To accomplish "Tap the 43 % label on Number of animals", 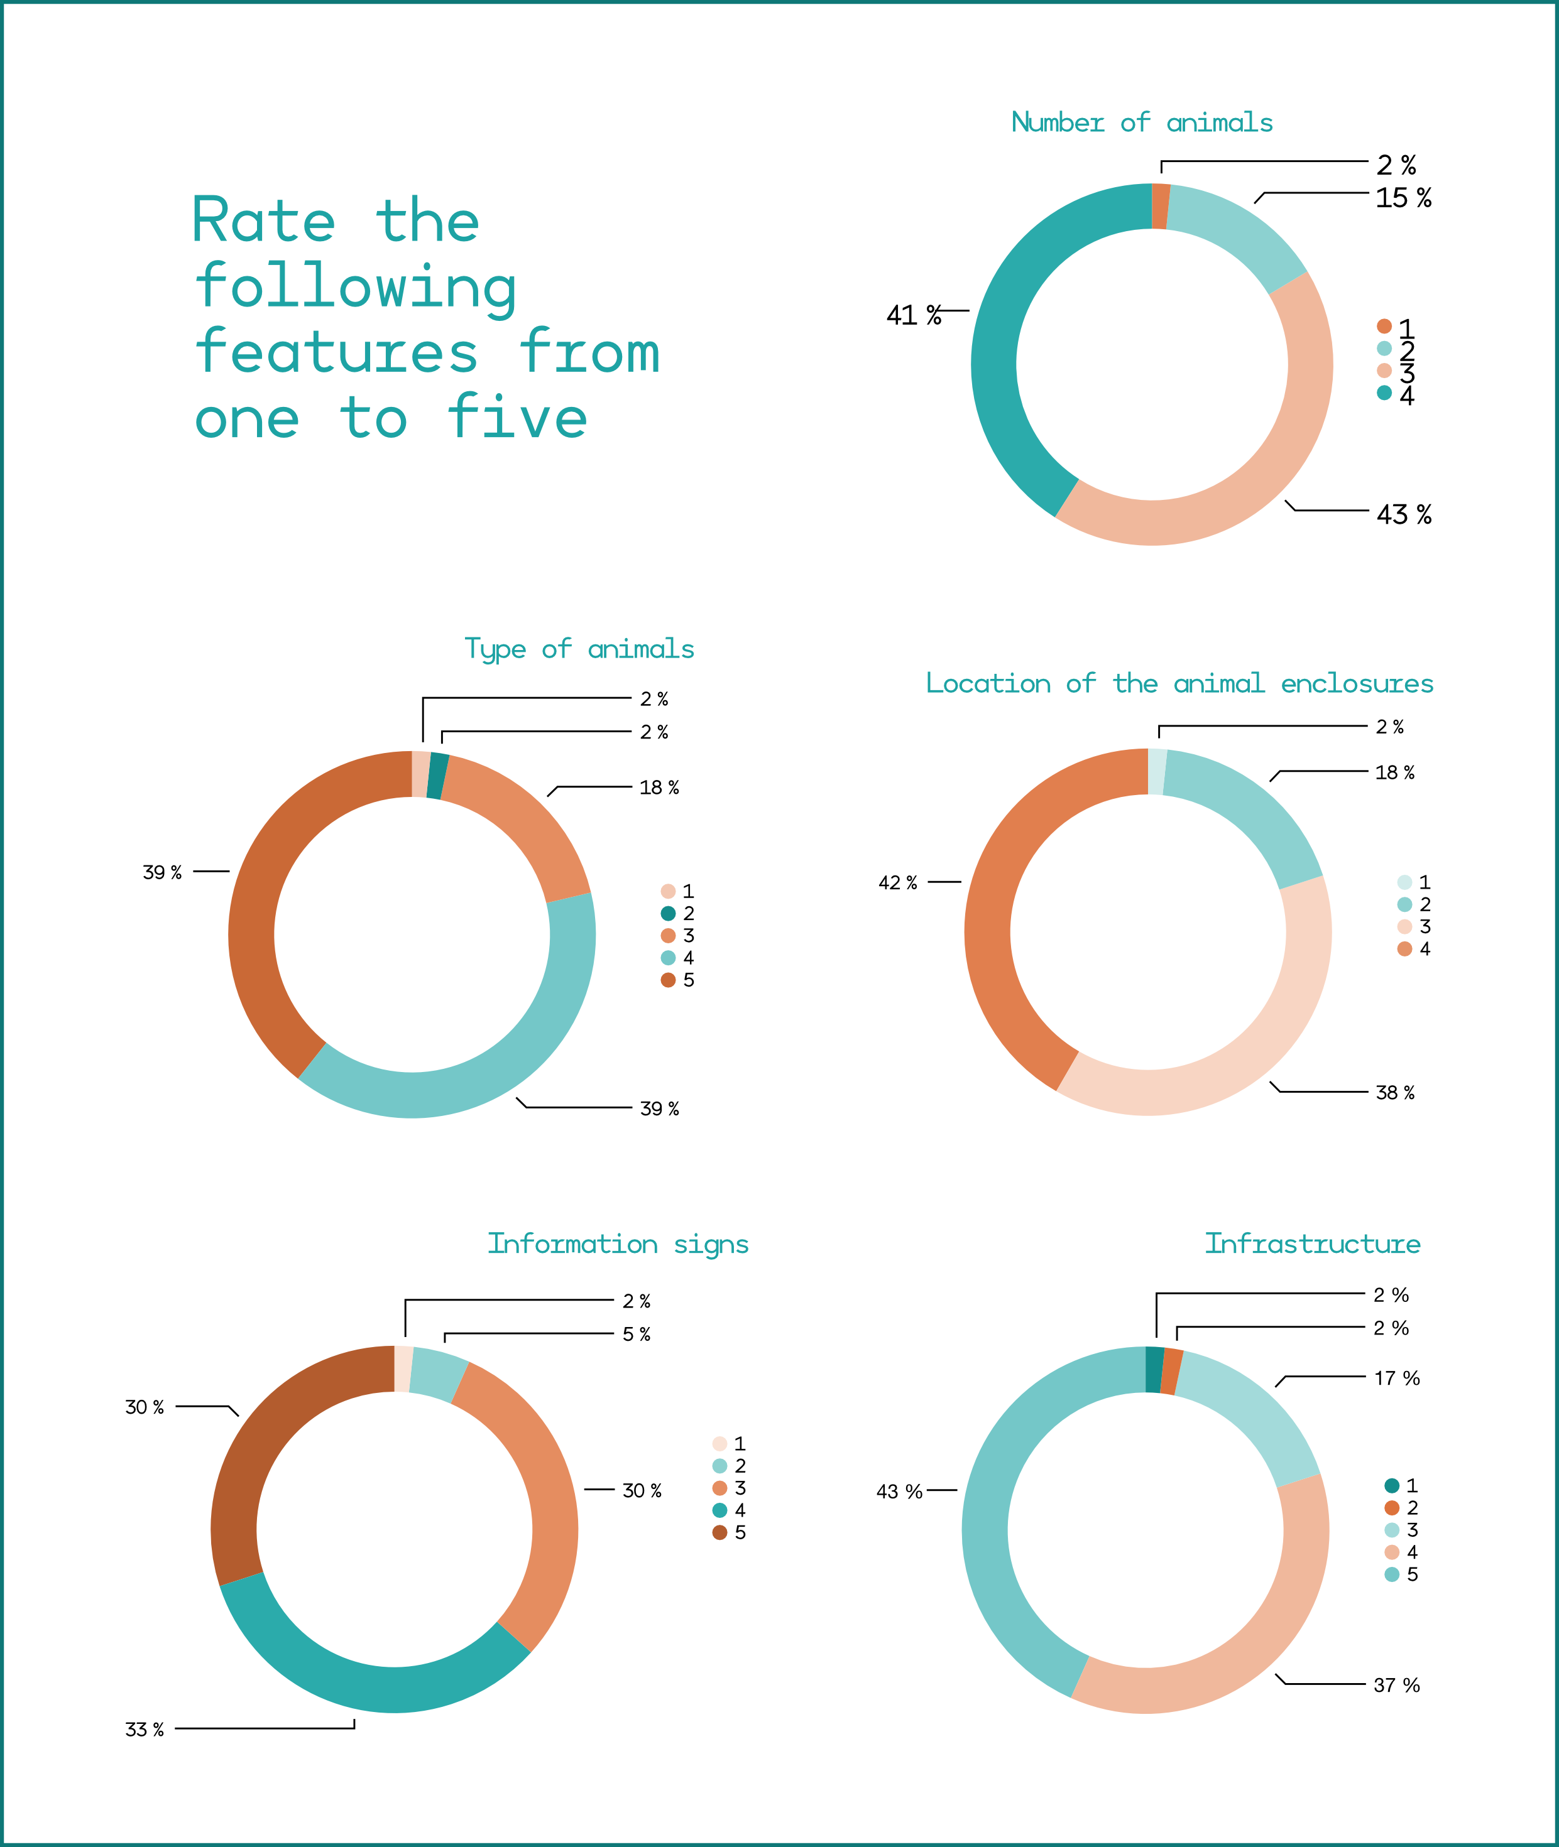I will click(1403, 514).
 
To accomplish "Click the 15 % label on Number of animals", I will click(1403, 198).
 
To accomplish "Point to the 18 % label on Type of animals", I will click(659, 787).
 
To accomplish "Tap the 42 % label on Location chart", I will click(897, 882).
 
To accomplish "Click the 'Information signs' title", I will click(618, 1243).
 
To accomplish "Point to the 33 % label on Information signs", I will click(144, 1729).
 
